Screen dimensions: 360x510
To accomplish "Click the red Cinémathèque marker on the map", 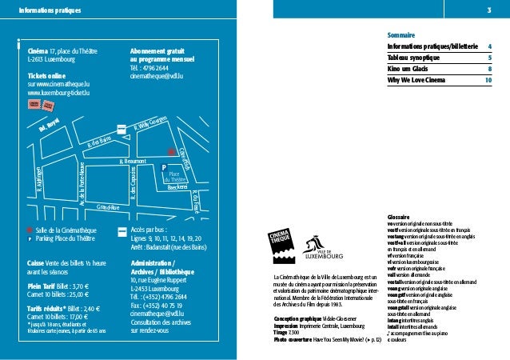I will pyautogui.click(x=169, y=150).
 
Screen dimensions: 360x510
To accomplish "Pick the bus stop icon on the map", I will pyautogui.click(x=122, y=130).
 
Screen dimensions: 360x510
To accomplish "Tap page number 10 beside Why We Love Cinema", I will pyautogui.click(x=487, y=80).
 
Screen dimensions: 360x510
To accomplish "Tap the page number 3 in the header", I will pyautogui.click(x=488, y=10).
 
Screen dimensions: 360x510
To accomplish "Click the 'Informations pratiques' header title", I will pyautogui.click(x=44, y=10).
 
